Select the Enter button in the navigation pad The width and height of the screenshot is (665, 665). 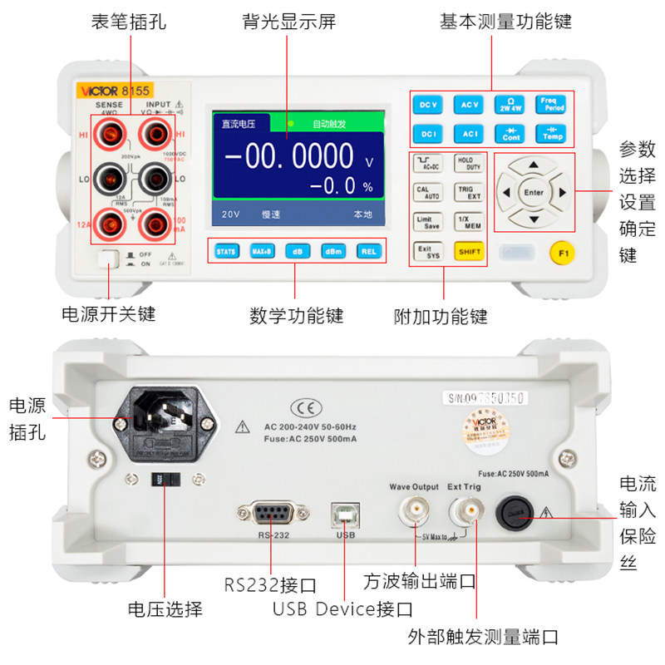[x=534, y=192]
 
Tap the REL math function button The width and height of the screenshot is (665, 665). [x=368, y=251]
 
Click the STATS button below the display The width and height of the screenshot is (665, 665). [x=226, y=251]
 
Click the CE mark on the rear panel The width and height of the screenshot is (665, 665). [x=300, y=407]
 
